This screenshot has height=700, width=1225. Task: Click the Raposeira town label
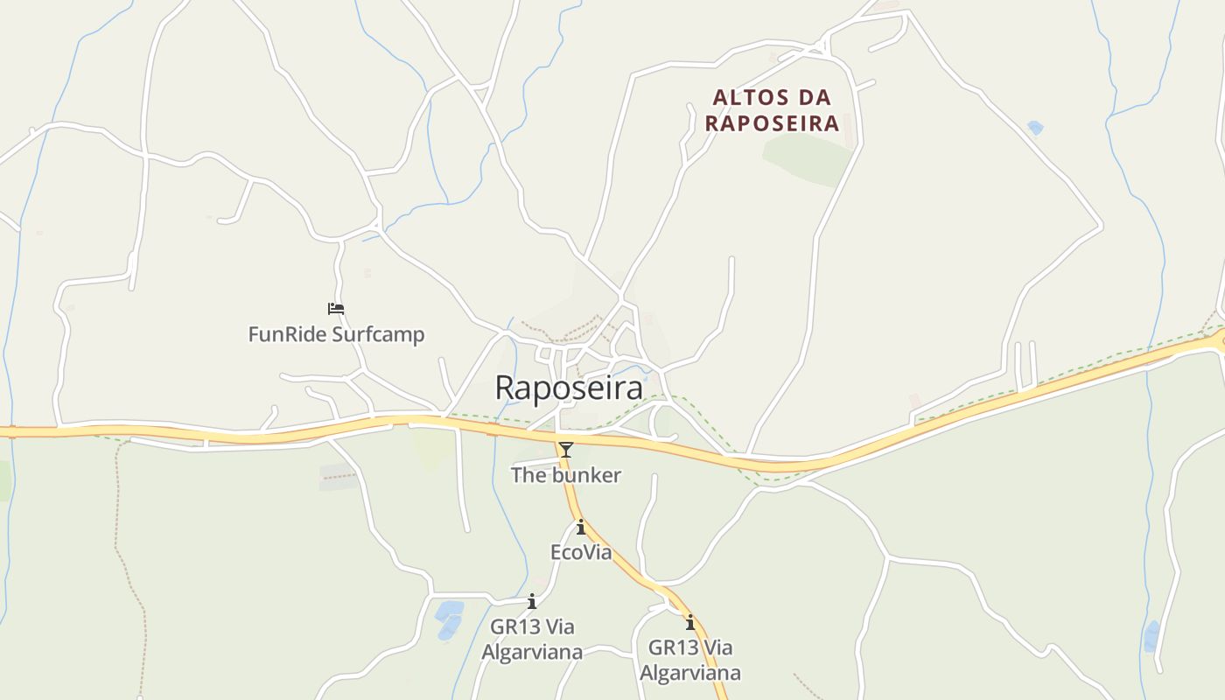pyautogui.click(x=569, y=388)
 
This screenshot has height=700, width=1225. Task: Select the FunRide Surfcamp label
pyautogui.click(x=336, y=334)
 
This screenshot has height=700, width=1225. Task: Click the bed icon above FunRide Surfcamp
pyautogui.click(x=336, y=309)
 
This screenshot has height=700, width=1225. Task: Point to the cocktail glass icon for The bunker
pyautogui.click(x=566, y=450)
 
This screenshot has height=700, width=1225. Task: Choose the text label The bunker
pyautogui.click(x=566, y=475)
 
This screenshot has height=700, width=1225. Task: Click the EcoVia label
pyautogui.click(x=580, y=552)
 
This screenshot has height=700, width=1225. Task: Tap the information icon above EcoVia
pyautogui.click(x=580, y=527)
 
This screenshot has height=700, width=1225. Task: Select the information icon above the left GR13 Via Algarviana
pyautogui.click(x=532, y=601)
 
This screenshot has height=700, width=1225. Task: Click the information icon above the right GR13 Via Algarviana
pyautogui.click(x=690, y=623)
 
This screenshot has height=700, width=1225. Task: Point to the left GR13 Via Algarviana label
pyautogui.click(x=532, y=639)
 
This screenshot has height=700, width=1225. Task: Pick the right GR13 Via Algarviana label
pyautogui.click(x=690, y=660)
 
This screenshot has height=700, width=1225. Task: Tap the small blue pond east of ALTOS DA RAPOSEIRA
pyautogui.click(x=1036, y=128)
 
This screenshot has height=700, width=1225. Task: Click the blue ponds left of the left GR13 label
pyautogui.click(x=450, y=618)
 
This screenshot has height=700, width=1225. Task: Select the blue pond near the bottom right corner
pyautogui.click(x=1151, y=636)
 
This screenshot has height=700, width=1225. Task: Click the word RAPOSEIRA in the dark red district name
pyautogui.click(x=772, y=123)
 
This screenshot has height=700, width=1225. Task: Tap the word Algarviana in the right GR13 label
pyautogui.click(x=690, y=673)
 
